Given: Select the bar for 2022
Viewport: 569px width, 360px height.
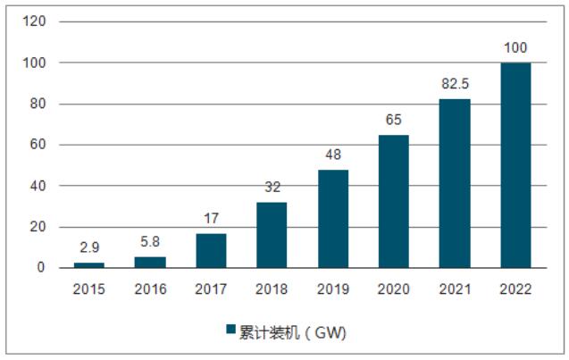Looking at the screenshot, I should click(515, 165).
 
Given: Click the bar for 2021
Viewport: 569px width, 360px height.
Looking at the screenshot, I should click(455, 183).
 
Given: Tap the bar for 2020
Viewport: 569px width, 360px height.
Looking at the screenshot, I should click(394, 201).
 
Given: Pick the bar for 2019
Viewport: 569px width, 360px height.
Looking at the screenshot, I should click(333, 218).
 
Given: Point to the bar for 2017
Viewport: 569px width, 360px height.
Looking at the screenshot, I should click(211, 250).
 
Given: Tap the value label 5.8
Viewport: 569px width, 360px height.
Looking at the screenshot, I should click(149, 244).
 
